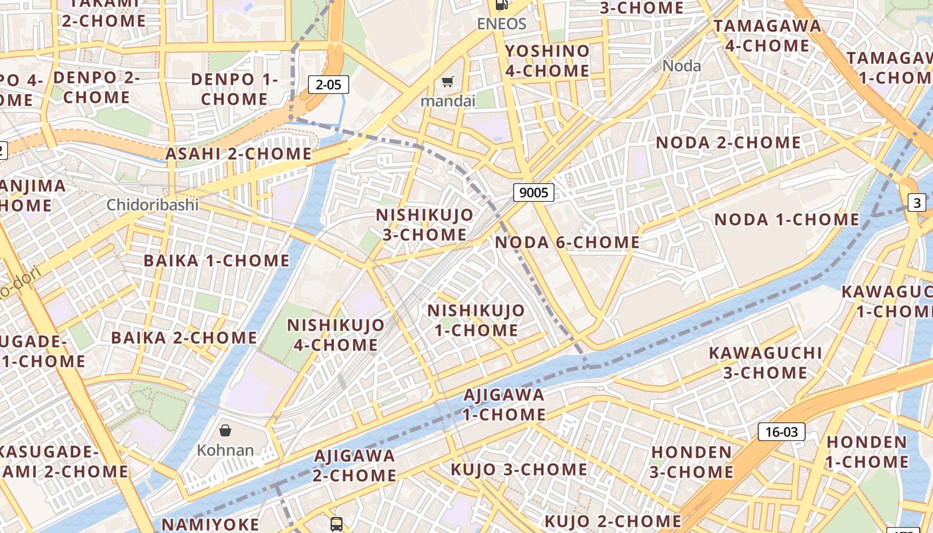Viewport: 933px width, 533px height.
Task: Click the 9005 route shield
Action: coord(534,193)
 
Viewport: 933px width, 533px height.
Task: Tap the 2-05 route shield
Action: coord(329,85)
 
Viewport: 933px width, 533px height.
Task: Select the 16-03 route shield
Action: coord(781,432)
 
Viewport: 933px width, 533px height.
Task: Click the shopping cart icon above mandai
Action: coord(448,82)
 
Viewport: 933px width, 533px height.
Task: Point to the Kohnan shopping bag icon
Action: coord(225,430)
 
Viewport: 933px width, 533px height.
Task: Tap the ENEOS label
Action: coord(501,24)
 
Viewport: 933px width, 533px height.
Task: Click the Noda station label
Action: coord(682,65)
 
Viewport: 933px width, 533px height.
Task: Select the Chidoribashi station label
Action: coord(153,205)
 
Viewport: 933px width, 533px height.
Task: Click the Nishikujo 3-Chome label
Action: coord(425,225)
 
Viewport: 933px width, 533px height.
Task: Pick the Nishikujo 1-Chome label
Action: coord(476,320)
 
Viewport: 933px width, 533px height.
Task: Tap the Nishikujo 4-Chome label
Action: coord(335,335)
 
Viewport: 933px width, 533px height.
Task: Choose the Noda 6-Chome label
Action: coord(567,243)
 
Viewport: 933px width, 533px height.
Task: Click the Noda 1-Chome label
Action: coord(786,219)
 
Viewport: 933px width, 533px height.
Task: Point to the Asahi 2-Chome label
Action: coord(238,154)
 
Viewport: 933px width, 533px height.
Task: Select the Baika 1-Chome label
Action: coord(217,261)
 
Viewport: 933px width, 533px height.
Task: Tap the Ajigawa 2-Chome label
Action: coord(355,466)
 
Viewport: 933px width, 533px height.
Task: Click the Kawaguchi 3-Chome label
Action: coord(765,362)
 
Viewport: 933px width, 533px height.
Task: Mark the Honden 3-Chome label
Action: coord(692,462)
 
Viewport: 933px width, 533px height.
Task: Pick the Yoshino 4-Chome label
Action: coord(547,61)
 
